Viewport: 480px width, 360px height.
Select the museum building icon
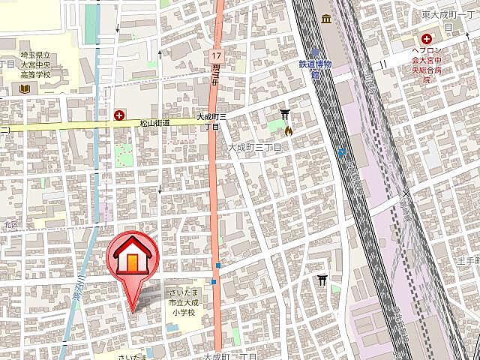[x=326, y=19]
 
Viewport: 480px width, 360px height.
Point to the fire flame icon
[x=288, y=129]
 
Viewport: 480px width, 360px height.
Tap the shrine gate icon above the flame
[x=286, y=114]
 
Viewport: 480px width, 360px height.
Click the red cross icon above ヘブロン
[x=426, y=38]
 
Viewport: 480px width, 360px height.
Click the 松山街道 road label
[x=155, y=122]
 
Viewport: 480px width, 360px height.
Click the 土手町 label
[x=468, y=260]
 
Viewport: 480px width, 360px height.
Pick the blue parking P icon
[x=341, y=152]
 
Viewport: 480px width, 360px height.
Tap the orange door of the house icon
[x=131, y=261]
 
